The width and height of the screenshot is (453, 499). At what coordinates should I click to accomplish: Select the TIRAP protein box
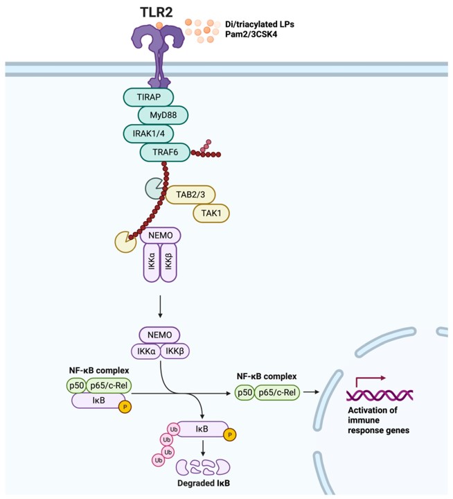point(147,97)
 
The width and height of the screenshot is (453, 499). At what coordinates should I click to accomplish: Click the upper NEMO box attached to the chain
point(161,236)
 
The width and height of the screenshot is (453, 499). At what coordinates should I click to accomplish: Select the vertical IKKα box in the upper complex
point(152,263)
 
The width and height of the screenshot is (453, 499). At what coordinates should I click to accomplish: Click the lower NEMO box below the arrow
point(159,334)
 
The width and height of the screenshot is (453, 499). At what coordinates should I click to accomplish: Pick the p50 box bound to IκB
point(75,385)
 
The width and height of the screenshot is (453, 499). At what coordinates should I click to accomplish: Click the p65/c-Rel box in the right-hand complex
point(276,393)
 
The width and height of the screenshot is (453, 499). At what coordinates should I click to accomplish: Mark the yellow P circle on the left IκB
point(125,407)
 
